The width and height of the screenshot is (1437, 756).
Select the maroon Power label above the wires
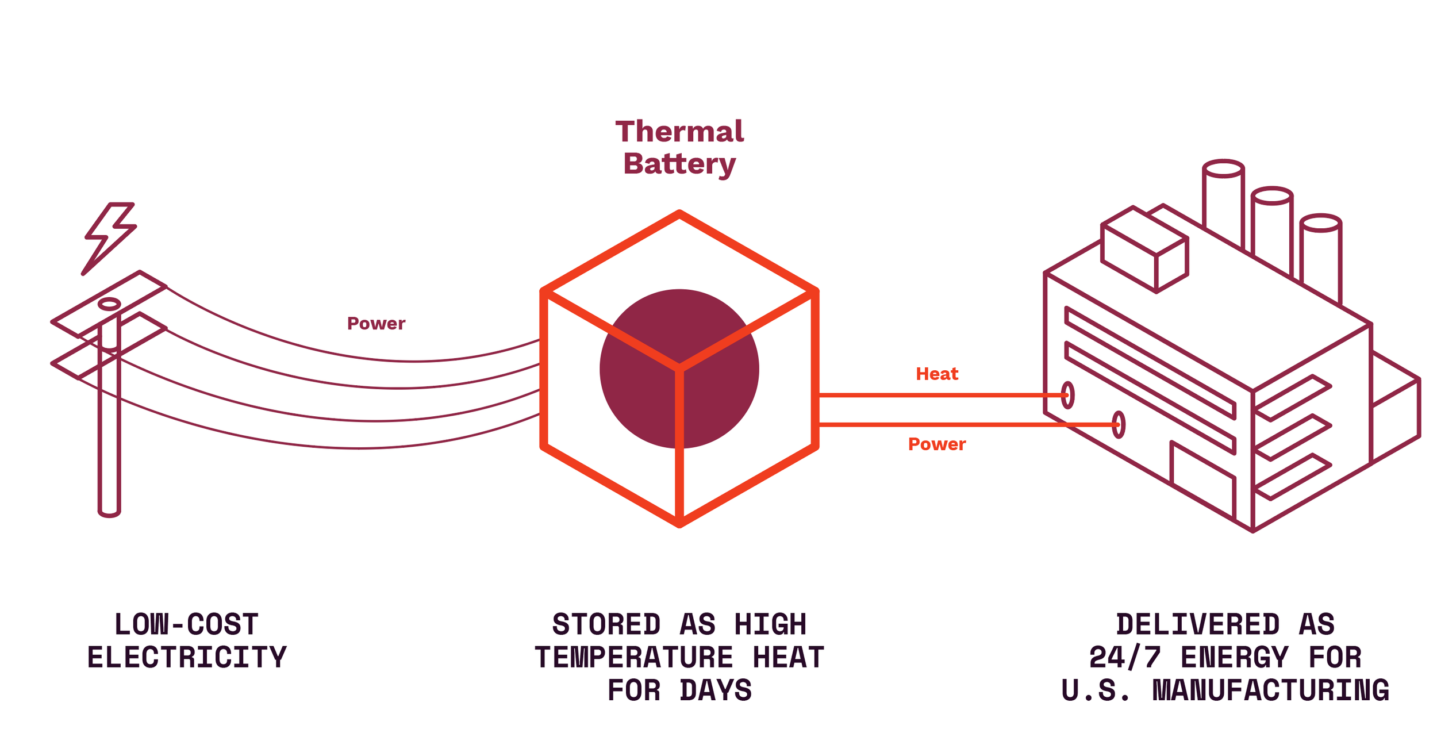tap(376, 324)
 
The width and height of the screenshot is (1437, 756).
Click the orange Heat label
tap(937, 374)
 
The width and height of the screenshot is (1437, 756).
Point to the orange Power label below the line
tap(937, 444)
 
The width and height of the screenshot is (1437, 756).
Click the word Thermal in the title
tap(679, 132)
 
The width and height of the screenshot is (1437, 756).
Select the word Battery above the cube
tap(679, 164)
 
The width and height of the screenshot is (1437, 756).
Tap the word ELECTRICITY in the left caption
tap(187, 658)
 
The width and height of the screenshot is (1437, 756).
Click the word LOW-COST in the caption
tap(187, 625)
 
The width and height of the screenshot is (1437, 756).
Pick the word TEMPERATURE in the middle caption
tap(634, 658)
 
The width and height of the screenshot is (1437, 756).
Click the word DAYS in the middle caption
tap(716, 690)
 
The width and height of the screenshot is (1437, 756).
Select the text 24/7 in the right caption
tap(1125, 658)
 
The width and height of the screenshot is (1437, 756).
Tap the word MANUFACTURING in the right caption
tap(1271, 690)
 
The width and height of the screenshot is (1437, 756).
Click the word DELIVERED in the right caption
tap(1198, 625)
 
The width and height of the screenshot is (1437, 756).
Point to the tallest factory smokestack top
tap(1224, 169)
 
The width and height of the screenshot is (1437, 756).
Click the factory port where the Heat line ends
tap(1067, 396)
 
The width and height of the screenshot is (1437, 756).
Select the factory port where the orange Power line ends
tap(1119, 425)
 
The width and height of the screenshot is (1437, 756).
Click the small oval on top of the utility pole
tap(109, 304)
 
